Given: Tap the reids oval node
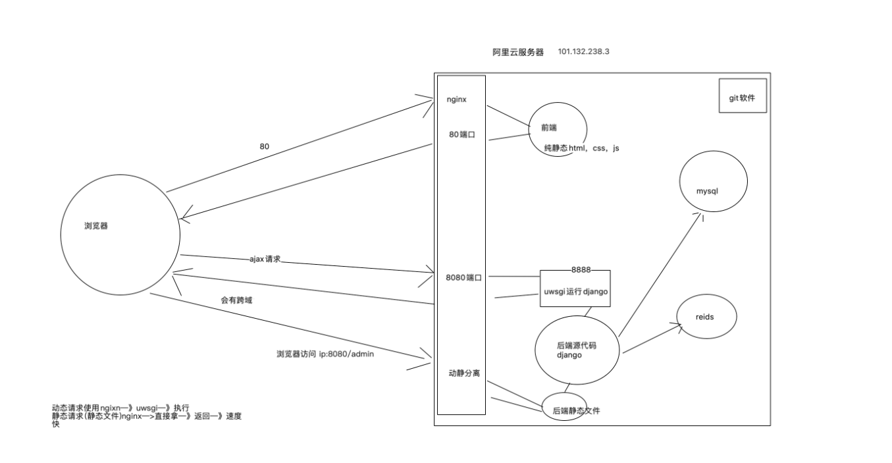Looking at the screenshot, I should pyautogui.click(x=706, y=317).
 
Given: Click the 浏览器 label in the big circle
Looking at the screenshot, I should pyautogui.click(x=96, y=226).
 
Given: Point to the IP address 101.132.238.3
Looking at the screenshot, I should pyautogui.click(x=583, y=51).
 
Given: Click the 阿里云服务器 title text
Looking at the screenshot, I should pyautogui.click(x=518, y=52).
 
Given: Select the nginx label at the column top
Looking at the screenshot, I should pyautogui.click(x=456, y=99).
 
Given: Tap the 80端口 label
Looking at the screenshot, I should pyautogui.click(x=462, y=134).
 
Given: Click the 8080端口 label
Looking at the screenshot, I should pyautogui.click(x=463, y=278).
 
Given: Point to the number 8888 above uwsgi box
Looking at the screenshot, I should pyautogui.click(x=581, y=270).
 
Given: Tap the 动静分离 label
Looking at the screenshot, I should pyautogui.click(x=464, y=373).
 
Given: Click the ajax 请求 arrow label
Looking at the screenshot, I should pyautogui.click(x=265, y=259).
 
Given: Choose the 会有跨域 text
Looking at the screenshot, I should pyautogui.click(x=236, y=300).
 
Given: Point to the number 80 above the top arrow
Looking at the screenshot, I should pyautogui.click(x=264, y=146).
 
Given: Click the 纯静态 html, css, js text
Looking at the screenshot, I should pyautogui.click(x=581, y=148).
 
